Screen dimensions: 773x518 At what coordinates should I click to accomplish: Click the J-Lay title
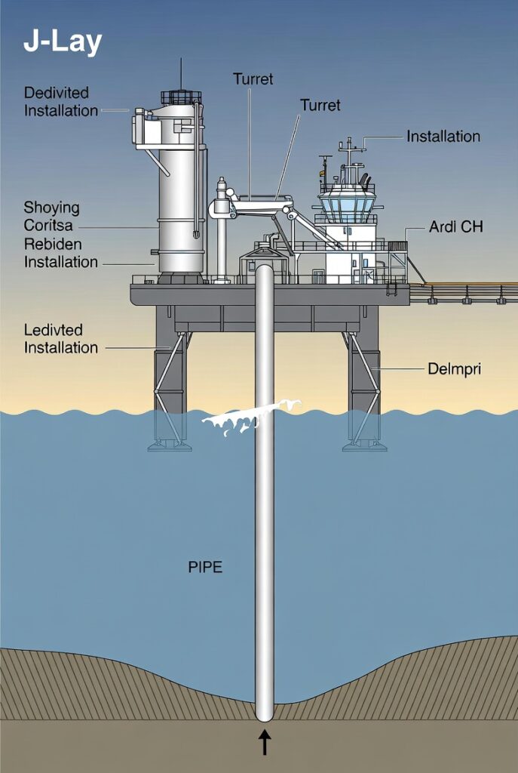(62, 43)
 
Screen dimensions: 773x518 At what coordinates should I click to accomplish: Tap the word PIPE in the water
(205, 566)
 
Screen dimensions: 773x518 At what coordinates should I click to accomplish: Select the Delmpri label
(454, 369)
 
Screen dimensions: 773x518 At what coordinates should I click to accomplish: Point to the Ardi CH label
(456, 227)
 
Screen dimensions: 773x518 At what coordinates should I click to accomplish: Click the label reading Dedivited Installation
(60, 102)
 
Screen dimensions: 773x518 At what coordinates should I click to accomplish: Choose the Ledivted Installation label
(60, 339)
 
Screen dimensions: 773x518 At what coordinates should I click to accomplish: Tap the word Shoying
(51, 208)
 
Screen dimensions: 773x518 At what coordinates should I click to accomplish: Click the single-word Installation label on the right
(443, 137)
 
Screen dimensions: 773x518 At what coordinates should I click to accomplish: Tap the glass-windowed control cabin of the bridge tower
(347, 205)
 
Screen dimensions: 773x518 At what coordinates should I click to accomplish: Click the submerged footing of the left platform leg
(170, 445)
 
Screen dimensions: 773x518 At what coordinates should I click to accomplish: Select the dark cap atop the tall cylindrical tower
(181, 97)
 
